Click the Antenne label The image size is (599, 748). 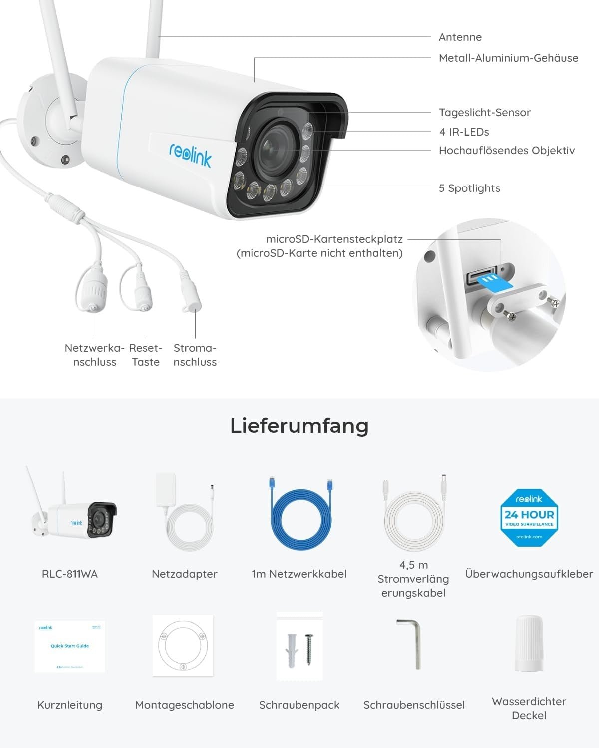click(460, 37)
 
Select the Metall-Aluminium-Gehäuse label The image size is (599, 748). click(508, 58)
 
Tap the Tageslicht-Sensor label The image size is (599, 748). click(484, 113)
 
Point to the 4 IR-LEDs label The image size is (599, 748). click(464, 132)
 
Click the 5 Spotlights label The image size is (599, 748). click(469, 188)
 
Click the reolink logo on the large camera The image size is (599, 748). click(190, 154)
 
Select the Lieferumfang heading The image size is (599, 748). click(299, 426)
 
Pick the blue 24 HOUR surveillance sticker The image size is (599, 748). click(529, 517)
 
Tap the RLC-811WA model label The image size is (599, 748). click(70, 574)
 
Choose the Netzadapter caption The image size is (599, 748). click(185, 574)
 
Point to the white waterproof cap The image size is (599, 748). click(529, 643)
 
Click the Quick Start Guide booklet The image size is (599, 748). click(70, 646)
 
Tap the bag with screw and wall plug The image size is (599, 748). click(299, 646)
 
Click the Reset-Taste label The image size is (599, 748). click(146, 355)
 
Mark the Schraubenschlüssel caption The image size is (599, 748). click(414, 705)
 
